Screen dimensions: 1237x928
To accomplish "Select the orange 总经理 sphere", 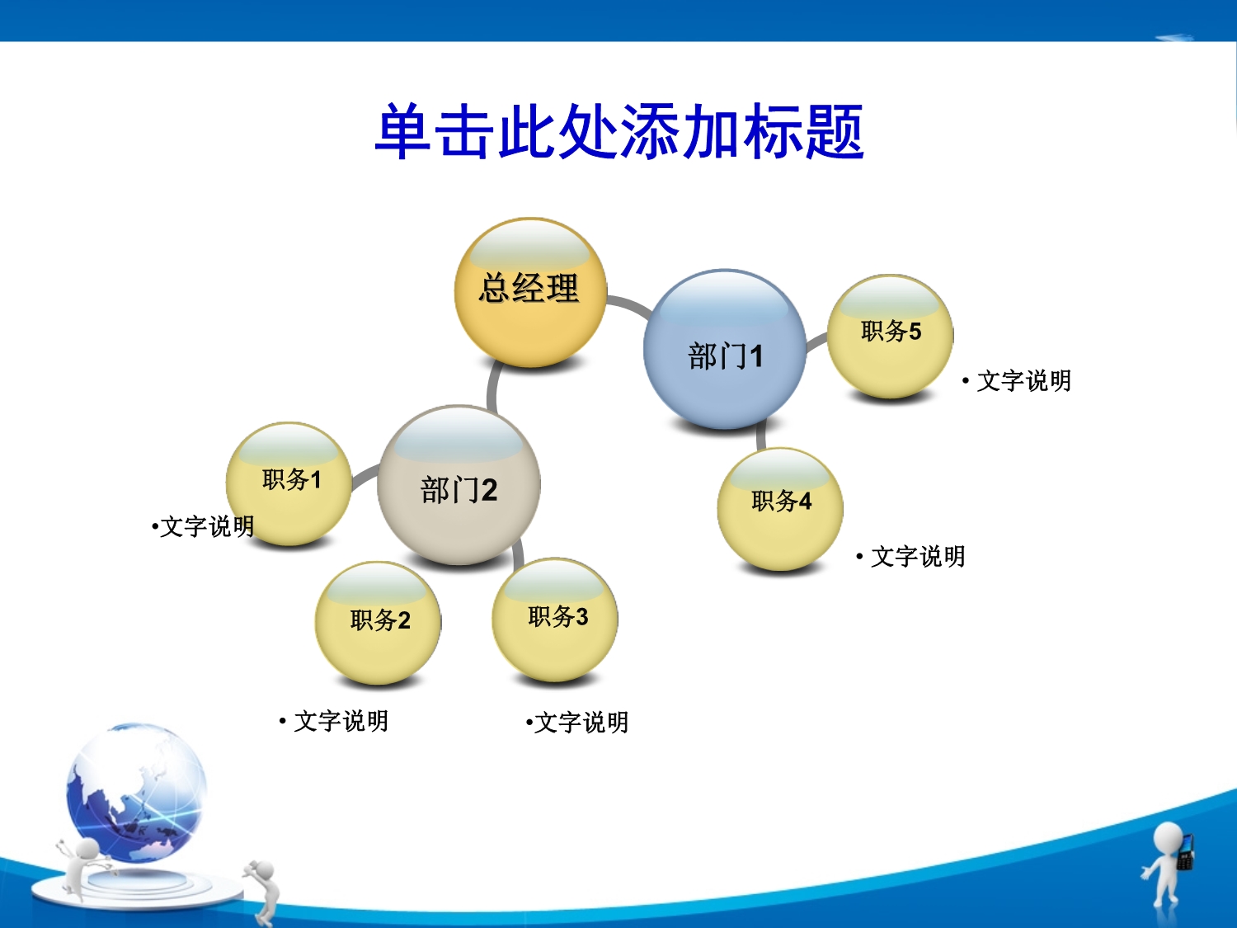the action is pyautogui.click(x=530, y=293).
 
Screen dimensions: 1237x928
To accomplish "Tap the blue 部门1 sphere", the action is pyautogui.click(x=725, y=349).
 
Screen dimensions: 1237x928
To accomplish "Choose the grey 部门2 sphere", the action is pyautogui.click(x=459, y=485).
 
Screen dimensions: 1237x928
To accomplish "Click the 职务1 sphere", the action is pyautogui.click(x=289, y=484).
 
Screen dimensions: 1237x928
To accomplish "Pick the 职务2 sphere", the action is pyautogui.click(x=379, y=623).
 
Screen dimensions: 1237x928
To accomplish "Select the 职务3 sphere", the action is pyautogui.click(x=555, y=619).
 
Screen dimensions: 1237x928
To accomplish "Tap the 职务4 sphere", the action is pyautogui.click(x=780, y=509).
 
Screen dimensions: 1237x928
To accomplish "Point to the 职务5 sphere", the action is pyautogui.click(x=891, y=337).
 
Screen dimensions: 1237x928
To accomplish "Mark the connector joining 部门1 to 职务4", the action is pyautogui.click(x=761, y=436).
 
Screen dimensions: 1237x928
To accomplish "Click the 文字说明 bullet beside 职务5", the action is pyautogui.click(x=1017, y=381).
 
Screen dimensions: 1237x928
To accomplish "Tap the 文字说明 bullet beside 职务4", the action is pyautogui.click(x=910, y=557).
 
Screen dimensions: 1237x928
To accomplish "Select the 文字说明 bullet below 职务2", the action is pyautogui.click(x=334, y=721).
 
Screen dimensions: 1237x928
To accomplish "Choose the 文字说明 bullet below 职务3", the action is pyautogui.click(x=577, y=723).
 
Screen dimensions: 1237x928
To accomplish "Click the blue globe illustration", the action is pyautogui.click(x=136, y=793).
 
